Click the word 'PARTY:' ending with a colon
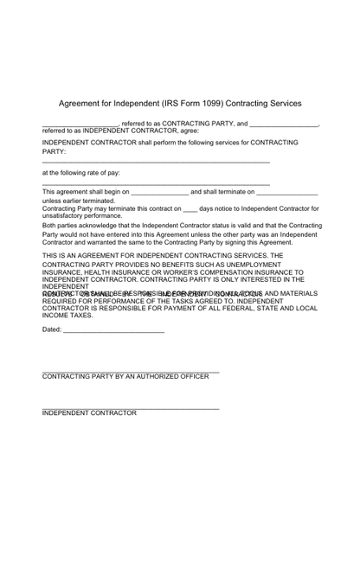point(55,151)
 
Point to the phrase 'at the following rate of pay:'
point(81,173)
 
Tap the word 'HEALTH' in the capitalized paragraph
point(98,272)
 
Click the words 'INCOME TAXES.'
point(67,316)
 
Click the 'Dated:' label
point(52,329)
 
